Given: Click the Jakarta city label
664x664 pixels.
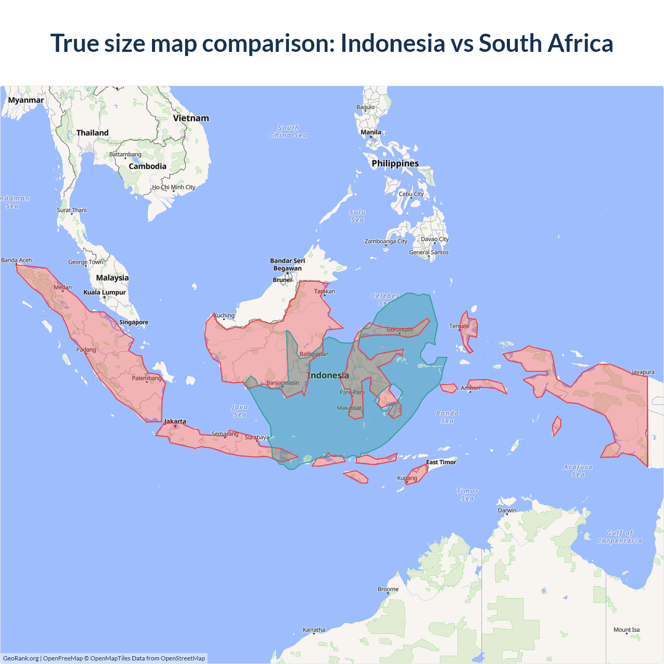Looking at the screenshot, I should (175, 421).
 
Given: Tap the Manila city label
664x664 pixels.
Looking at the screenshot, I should (371, 132).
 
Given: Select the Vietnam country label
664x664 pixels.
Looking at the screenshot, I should (191, 118).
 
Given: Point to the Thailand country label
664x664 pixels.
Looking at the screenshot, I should (92, 133).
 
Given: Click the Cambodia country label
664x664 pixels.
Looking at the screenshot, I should (147, 167).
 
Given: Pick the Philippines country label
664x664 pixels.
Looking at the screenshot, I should (395, 163).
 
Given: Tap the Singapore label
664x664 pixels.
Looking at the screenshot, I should (134, 322).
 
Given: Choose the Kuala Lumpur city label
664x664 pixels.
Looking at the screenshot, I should (105, 293).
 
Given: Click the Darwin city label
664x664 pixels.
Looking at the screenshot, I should (507, 510).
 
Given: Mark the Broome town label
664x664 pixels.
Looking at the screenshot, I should (388, 589).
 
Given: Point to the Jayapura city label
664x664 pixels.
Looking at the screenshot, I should (643, 372).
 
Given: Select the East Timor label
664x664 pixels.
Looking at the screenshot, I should (441, 462).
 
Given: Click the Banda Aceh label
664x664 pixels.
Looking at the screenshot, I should (17, 260).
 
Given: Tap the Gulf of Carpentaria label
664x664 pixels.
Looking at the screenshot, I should (619, 537).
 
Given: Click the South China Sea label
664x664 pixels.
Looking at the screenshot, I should (288, 131).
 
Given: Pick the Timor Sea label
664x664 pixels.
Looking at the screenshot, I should (467, 495).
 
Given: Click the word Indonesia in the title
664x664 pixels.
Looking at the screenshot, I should (393, 43).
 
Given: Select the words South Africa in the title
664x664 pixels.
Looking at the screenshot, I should (546, 43).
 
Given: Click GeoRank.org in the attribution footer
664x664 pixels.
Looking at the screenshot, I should (21, 658).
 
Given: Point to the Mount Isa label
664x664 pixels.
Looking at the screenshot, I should (627, 630).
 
